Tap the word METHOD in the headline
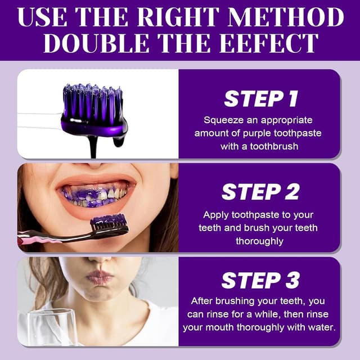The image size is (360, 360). click(x=286, y=17)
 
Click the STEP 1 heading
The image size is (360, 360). click(x=261, y=98)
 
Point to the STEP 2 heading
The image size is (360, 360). click(x=260, y=192)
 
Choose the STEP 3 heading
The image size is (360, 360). click(x=260, y=280)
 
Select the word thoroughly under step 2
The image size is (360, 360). click(x=259, y=241)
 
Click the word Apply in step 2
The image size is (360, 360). click(x=216, y=215)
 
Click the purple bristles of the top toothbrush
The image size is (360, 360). click(x=93, y=101)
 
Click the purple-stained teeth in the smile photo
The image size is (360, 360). click(x=94, y=196)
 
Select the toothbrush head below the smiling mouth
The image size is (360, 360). click(x=110, y=224)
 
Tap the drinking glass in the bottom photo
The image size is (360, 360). click(x=52, y=327)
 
